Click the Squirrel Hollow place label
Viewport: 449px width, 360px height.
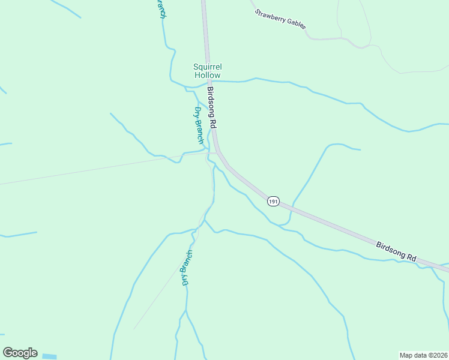(207, 71)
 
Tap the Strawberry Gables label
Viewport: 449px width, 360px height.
(280, 19)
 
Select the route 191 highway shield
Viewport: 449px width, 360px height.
(273, 202)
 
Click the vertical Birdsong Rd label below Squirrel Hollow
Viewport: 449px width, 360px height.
(211, 108)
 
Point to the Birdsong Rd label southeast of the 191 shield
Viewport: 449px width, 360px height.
(396, 250)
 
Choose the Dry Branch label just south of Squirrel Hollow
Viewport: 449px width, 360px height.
(199, 125)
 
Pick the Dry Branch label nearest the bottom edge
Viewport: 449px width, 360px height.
(187, 268)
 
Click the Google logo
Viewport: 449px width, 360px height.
(20, 353)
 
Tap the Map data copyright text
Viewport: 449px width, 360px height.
(423, 355)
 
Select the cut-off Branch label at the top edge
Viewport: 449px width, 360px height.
(160, 9)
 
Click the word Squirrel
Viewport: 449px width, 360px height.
(207, 67)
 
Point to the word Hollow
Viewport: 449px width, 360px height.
(207, 75)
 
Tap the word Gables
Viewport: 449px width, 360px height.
(295, 24)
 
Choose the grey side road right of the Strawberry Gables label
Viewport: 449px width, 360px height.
(336, 38)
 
